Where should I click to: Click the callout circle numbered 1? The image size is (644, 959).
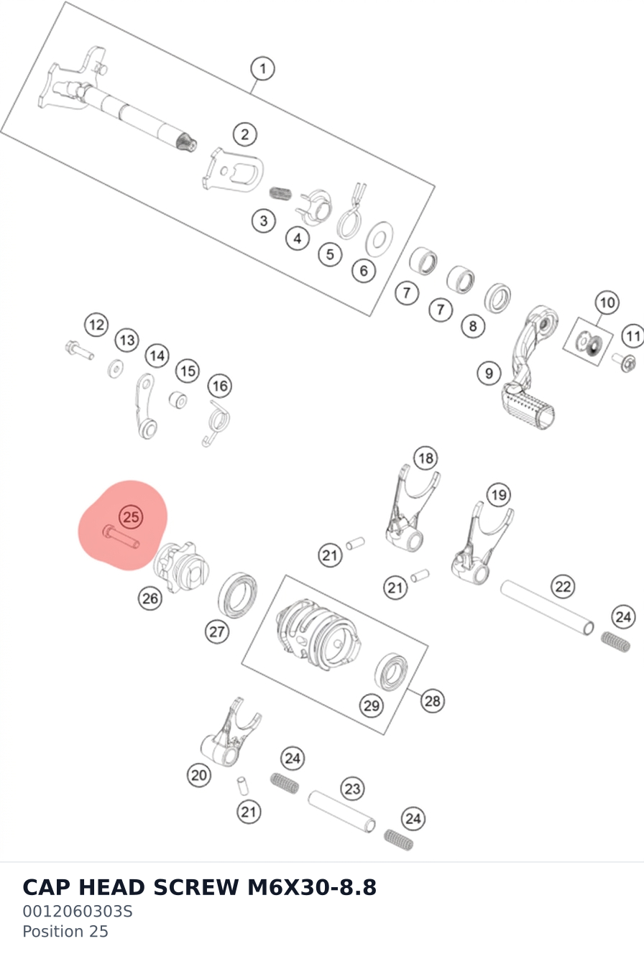point(262,68)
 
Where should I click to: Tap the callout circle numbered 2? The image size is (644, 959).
point(244,134)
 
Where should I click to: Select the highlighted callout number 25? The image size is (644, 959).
point(131,516)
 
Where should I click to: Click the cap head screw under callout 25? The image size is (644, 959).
point(121,538)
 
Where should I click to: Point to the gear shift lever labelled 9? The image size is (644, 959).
point(530,369)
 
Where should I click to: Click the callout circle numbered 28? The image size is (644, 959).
point(432,701)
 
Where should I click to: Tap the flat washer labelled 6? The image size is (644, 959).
point(379,239)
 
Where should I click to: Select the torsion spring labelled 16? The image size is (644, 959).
point(216,423)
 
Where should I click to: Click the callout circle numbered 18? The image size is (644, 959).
point(425,458)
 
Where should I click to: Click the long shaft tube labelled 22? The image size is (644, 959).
point(547,608)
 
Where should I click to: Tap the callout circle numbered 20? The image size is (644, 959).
point(199,775)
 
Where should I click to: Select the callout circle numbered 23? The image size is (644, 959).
point(352,789)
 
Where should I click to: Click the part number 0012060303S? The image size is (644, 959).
point(78,911)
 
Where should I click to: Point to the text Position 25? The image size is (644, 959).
point(65,932)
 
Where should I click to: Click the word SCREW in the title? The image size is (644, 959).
point(195,887)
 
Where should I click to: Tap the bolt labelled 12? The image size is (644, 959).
point(80,350)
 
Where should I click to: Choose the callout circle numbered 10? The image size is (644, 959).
point(607,302)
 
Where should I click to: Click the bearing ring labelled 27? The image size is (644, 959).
point(237,595)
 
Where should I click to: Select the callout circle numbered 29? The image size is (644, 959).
point(371,705)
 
